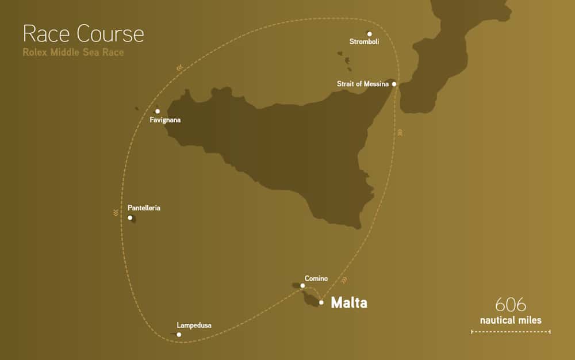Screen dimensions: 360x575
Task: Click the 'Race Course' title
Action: click(83, 35)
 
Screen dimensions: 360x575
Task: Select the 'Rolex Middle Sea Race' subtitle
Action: click(73, 52)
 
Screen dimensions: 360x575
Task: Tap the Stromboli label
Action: click(364, 41)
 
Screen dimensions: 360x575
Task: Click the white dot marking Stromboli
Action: click(369, 33)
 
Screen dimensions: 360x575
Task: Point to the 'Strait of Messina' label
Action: click(363, 84)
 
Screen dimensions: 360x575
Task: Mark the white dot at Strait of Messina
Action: click(394, 84)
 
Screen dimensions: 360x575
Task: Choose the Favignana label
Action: click(165, 120)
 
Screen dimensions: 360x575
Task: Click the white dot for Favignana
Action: click(158, 112)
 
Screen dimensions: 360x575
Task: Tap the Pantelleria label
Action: click(144, 208)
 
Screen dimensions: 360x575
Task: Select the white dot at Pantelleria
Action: click(131, 217)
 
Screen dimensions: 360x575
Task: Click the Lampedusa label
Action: click(194, 325)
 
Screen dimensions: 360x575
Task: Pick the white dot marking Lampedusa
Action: click(179, 334)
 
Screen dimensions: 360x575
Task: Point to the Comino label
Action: click(316, 279)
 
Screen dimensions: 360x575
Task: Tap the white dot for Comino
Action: click(303, 286)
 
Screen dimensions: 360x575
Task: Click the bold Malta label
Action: click(349, 302)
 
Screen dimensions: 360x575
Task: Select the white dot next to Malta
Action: click(321, 302)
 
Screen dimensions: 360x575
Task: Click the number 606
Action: click(511, 305)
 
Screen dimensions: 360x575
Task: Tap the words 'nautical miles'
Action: click(511, 320)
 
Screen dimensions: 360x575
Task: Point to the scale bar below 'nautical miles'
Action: click(511, 332)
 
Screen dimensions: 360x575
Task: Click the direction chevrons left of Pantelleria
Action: click(116, 213)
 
